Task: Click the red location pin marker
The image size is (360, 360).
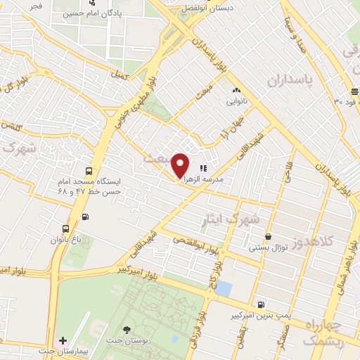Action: (181, 165)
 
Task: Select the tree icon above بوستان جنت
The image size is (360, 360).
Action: (126, 329)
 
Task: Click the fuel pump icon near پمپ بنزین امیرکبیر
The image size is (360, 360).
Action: (262, 304)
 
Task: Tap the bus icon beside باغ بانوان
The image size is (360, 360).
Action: (65, 229)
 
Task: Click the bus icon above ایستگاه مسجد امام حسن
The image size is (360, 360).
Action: (89, 171)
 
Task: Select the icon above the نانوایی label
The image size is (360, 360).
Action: (236, 91)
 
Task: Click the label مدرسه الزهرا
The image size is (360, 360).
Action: (222, 179)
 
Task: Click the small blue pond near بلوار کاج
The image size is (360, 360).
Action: (224, 288)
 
